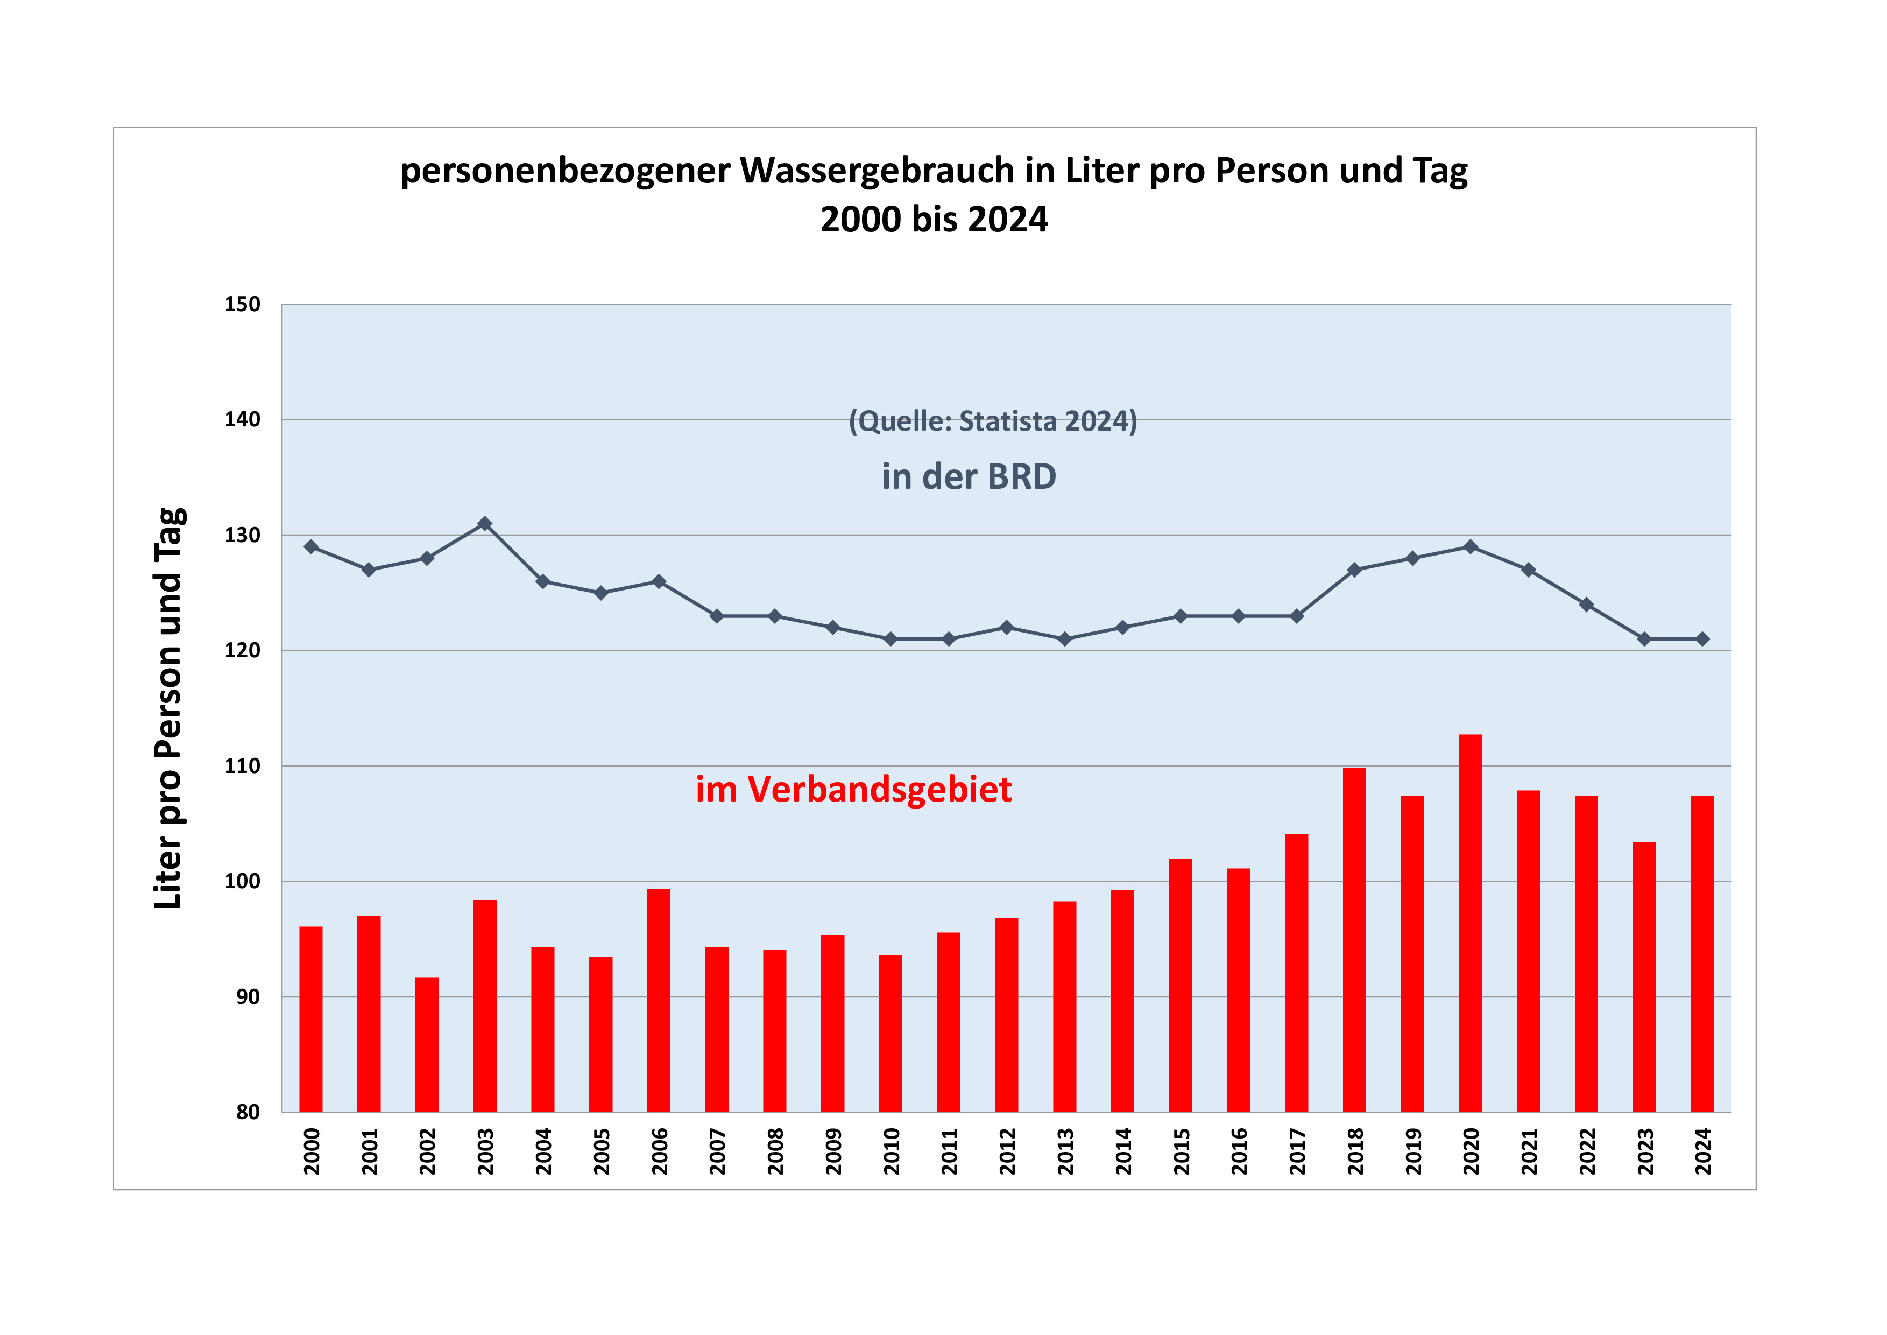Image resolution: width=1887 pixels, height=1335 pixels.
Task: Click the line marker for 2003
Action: pyautogui.click(x=485, y=524)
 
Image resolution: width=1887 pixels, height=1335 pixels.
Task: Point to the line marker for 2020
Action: pyautogui.click(x=1471, y=547)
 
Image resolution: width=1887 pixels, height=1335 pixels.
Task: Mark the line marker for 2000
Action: pyautogui.click(x=310, y=547)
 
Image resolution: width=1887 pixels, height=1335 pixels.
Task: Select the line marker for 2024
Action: pyautogui.click(x=1702, y=639)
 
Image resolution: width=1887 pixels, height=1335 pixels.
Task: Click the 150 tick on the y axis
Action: pyautogui.click(x=243, y=304)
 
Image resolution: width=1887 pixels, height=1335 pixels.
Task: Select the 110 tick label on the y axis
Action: pyautogui.click(x=243, y=766)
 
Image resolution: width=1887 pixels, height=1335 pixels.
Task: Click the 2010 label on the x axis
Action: pyautogui.click(x=891, y=1151)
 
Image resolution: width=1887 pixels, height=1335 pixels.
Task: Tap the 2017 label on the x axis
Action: pyautogui.click(x=1297, y=1151)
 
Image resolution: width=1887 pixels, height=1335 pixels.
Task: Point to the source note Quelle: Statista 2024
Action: pyautogui.click(x=993, y=421)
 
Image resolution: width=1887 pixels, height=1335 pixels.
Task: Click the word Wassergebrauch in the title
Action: pyautogui.click(x=877, y=171)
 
